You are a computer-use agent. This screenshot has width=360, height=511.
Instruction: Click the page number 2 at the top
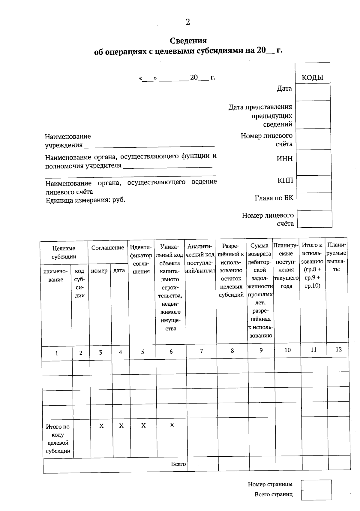[188, 22]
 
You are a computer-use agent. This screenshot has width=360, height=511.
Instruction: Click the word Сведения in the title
[188, 41]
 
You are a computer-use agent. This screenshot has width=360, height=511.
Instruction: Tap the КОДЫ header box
[312, 78]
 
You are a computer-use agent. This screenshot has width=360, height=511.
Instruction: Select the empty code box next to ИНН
[314, 162]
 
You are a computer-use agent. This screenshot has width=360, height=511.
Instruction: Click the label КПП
[285, 180]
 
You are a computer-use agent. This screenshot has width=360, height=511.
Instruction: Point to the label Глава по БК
[274, 198]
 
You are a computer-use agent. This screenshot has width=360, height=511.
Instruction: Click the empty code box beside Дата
[313, 92]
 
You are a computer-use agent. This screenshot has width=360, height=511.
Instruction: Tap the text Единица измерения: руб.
[85, 200]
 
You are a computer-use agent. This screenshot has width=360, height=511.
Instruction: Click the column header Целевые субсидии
[64, 252]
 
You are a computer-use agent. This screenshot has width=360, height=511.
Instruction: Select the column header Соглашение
[107, 248]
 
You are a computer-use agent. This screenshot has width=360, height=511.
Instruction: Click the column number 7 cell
[202, 351]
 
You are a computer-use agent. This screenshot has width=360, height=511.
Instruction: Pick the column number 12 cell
[338, 349]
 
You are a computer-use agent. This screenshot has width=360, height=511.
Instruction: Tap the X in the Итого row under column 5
[143, 425]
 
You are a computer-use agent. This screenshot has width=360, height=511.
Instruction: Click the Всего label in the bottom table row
[178, 464]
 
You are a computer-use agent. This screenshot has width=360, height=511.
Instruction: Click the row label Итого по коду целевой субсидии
[58, 439]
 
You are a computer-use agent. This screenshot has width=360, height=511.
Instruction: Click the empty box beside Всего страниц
[316, 495]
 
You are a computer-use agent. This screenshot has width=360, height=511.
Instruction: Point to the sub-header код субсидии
[79, 283]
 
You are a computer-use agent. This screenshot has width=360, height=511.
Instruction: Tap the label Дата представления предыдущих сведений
[260, 116]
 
